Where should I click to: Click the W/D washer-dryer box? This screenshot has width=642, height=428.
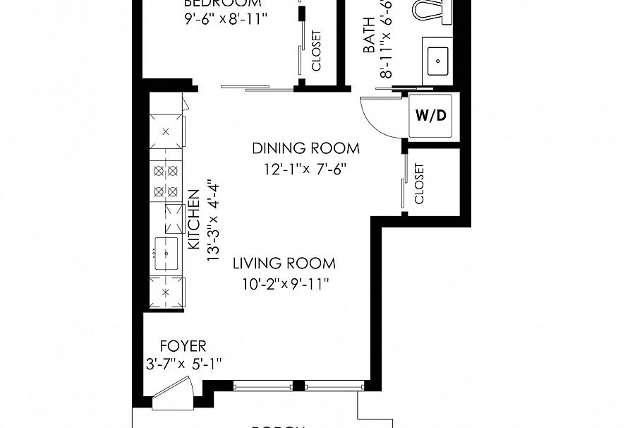(431, 115)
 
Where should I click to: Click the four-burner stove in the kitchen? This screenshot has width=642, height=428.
(166, 181)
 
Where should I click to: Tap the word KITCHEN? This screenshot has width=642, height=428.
(193, 218)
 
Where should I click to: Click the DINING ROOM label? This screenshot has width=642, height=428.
(305, 148)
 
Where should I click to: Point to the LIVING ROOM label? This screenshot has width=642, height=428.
(284, 263)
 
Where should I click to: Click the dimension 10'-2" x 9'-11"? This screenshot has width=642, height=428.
(284, 284)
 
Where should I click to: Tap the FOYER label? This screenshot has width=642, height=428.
(183, 346)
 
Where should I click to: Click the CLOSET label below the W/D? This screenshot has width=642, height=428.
(420, 184)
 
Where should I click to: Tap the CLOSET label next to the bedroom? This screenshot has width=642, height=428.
(316, 51)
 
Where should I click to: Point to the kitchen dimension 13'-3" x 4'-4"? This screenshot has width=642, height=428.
(212, 220)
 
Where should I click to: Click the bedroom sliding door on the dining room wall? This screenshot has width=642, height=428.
(257, 88)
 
